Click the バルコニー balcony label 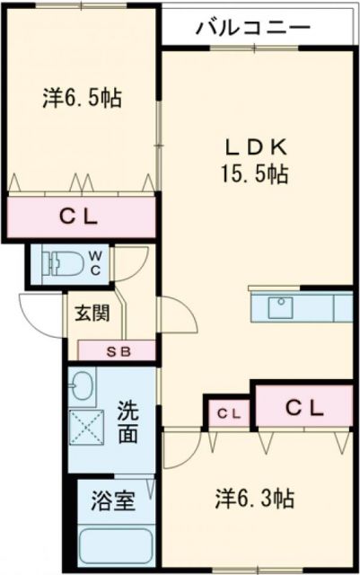253,28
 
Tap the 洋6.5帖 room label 81,96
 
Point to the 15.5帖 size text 256,174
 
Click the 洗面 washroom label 128,424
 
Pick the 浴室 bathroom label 112,500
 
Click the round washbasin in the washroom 83,387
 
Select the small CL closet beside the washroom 229,413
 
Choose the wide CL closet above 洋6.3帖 303,407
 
